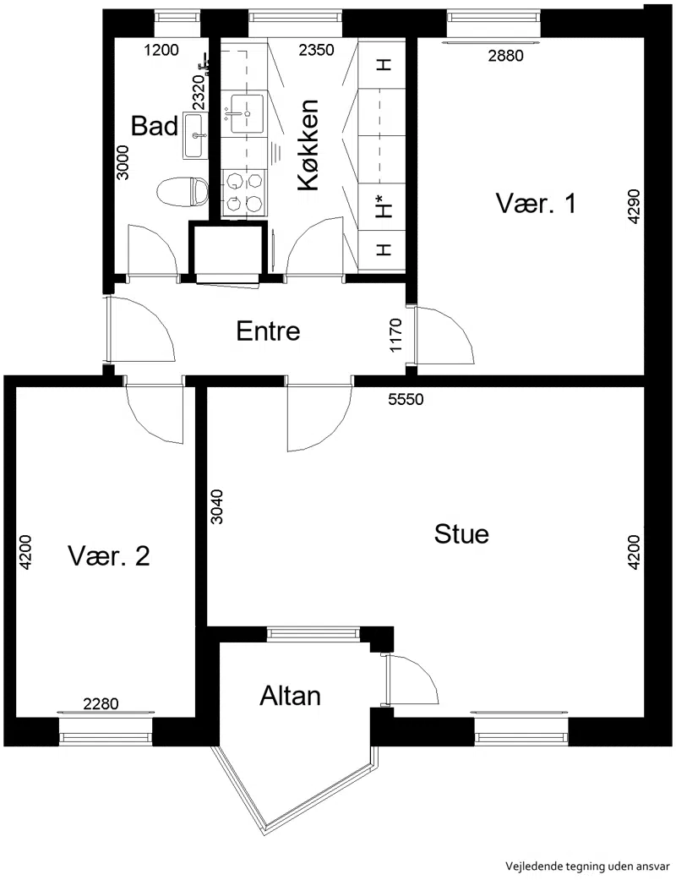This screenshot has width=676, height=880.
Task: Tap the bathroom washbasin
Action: tap(195, 135)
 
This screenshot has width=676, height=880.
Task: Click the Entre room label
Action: tap(268, 331)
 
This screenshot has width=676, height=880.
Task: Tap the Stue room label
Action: tap(461, 533)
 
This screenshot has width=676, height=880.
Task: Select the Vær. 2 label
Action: tap(109, 556)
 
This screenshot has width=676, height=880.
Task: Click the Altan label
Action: tap(290, 696)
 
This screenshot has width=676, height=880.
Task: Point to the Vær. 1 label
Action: tap(536, 203)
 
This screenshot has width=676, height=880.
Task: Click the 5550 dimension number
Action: tap(406, 400)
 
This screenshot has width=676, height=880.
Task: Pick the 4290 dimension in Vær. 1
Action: tap(634, 207)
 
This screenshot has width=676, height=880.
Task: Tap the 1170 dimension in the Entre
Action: tap(396, 335)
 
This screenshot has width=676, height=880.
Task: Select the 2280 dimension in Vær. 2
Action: tap(101, 704)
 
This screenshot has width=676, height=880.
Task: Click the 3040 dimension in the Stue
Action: tap(216, 507)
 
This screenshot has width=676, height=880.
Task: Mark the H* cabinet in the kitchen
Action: tap(383, 206)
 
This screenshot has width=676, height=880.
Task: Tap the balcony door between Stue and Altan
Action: tap(411, 679)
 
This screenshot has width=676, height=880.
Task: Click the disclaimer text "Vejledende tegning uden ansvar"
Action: tap(587, 866)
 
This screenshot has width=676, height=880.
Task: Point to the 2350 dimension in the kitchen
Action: tap(316, 51)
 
